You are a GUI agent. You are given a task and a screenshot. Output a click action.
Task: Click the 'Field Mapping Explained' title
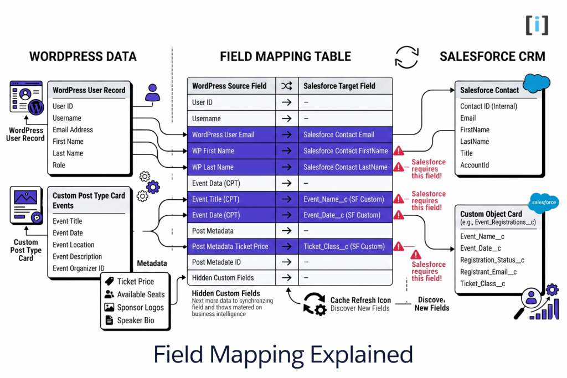(x=283, y=354)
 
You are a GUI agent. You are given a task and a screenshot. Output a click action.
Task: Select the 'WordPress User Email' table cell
(x=231, y=134)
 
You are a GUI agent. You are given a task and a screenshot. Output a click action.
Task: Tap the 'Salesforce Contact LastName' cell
(x=345, y=167)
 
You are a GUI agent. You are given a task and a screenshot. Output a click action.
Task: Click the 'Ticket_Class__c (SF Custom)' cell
(x=343, y=246)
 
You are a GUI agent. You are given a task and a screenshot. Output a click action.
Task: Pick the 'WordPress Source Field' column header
(x=229, y=86)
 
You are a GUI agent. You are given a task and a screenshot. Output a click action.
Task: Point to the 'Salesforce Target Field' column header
(x=339, y=86)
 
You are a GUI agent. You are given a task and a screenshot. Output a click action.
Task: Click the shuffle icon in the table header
(x=286, y=86)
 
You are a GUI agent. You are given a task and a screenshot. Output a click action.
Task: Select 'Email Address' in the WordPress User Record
(x=73, y=130)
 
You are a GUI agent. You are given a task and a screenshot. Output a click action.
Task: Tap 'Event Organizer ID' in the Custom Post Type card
(x=78, y=268)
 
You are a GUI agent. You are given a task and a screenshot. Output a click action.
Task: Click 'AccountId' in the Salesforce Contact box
(x=475, y=165)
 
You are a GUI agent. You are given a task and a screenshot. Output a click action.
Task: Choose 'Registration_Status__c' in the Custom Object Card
(x=492, y=260)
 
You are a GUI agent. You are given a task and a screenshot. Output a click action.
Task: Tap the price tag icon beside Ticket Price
(x=109, y=281)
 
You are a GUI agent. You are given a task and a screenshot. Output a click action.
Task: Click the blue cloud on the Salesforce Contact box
(x=536, y=83)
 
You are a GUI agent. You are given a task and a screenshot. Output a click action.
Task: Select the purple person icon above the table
(x=152, y=92)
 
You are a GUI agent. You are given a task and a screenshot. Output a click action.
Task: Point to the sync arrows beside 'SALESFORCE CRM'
(x=406, y=57)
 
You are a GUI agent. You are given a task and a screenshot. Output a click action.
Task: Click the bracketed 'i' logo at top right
(x=537, y=25)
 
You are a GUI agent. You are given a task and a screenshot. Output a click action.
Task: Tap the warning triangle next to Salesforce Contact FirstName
(x=398, y=151)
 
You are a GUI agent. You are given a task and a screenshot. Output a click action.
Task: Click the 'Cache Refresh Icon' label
(x=360, y=300)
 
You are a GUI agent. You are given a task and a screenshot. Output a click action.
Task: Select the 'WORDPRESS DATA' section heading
(x=83, y=56)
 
